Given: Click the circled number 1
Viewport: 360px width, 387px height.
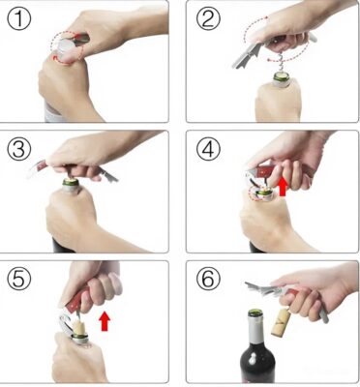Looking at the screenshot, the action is click(x=19, y=18).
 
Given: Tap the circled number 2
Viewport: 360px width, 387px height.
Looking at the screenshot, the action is click(x=208, y=18).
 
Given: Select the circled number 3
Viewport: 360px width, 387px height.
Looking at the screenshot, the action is click(x=19, y=149).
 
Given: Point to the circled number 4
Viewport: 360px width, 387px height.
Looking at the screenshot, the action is click(x=208, y=149).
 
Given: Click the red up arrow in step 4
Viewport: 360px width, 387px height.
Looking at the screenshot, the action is click(x=283, y=187).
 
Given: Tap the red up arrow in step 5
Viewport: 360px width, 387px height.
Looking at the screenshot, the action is click(x=105, y=321).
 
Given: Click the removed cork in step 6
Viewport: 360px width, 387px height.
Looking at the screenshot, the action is click(x=281, y=322).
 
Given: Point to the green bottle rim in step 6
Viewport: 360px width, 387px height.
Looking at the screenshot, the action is click(x=255, y=313).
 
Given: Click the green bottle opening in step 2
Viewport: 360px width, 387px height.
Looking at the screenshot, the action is click(x=283, y=76).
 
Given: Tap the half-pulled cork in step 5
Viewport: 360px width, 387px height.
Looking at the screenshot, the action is click(x=78, y=327).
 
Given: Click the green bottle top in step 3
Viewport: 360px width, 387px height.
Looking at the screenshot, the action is click(x=71, y=182).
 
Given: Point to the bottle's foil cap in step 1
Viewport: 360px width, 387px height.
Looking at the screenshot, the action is click(x=66, y=45).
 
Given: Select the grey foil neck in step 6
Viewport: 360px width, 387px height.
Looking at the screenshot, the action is click(x=256, y=329).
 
